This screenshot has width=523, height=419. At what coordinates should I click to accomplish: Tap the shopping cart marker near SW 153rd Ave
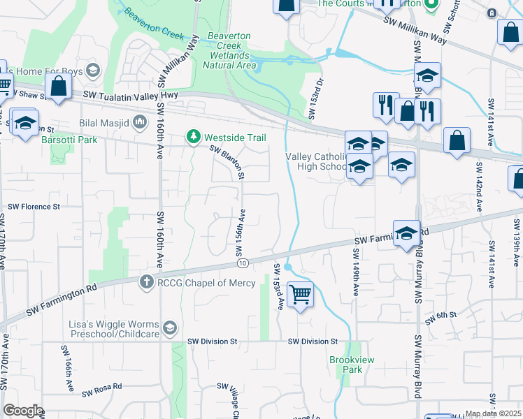pos(300,295)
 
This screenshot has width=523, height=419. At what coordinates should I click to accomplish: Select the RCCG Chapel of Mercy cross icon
pos(146,282)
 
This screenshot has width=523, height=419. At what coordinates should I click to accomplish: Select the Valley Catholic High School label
pos(316,162)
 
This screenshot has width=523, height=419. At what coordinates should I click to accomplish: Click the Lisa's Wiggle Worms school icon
pos(169,328)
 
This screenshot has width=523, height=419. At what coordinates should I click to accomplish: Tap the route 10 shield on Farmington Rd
pos(243,263)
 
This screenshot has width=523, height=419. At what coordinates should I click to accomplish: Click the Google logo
pos(23,411)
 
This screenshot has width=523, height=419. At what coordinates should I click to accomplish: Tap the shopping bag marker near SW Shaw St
pos(59,87)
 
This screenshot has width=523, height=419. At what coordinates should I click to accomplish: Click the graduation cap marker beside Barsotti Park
pos(25,124)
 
